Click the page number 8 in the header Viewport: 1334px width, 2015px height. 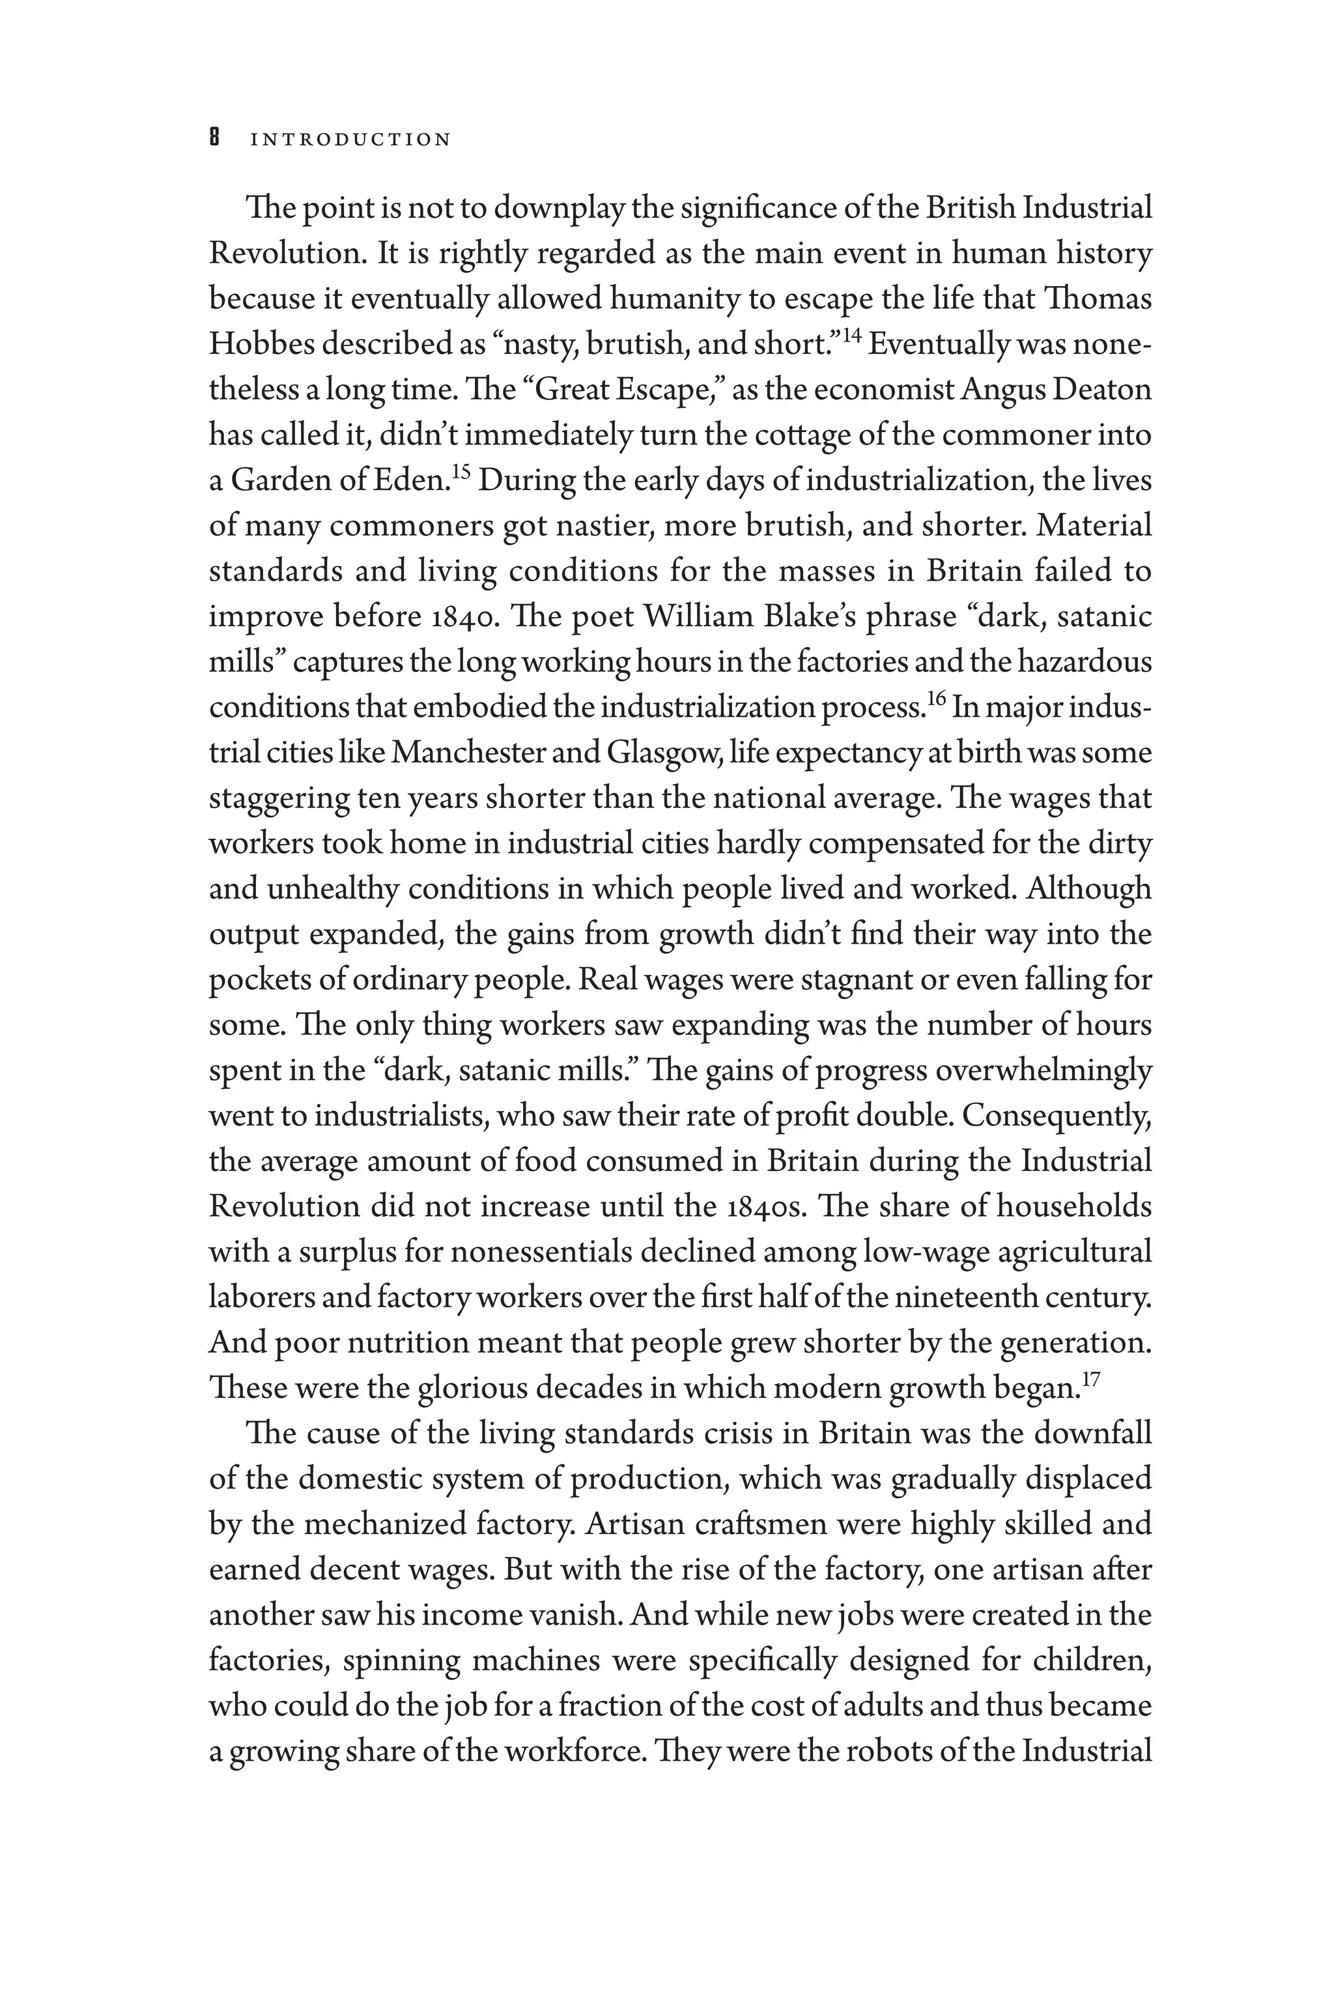point(215,139)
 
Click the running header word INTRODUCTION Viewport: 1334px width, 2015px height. point(350,139)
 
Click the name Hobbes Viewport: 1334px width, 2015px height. point(261,345)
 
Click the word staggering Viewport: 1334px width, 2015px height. point(277,799)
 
